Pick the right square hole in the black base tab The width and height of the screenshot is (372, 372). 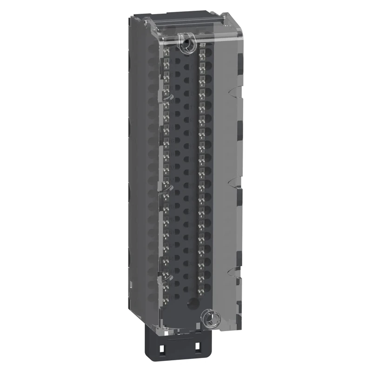click(x=198, y=347)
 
